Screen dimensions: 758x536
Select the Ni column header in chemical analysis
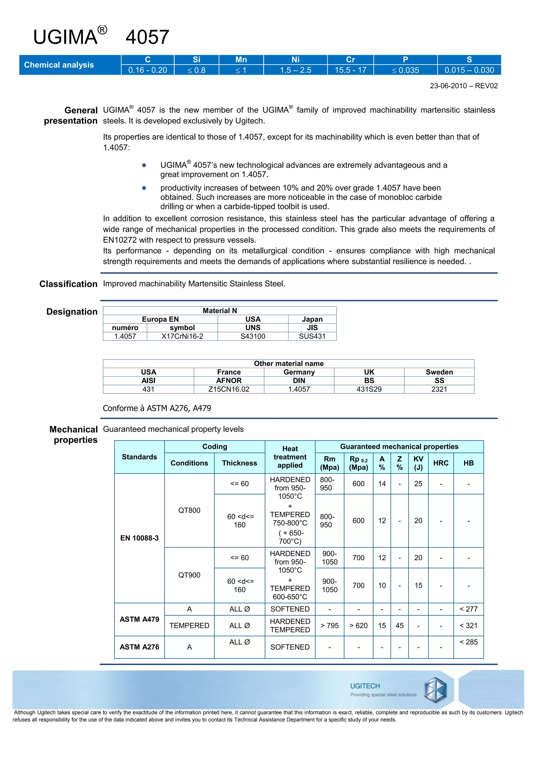tap(295, 59)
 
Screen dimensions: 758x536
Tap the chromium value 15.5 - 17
tap(350, 70)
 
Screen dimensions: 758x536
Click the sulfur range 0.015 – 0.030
tap(469, 70)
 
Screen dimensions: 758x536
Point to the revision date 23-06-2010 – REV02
tap(464, 86)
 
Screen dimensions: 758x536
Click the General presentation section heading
tap(71, 115)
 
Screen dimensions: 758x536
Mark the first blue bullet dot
tap(144, 165)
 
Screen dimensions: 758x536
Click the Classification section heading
tap(68, 284)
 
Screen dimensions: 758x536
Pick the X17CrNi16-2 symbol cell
tap(182, 336)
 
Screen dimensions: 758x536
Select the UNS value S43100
tap(253, 336)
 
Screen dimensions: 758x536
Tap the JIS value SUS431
tap(312, 336)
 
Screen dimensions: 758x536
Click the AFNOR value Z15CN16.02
tap(229, 389)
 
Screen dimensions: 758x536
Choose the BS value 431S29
tap(369, 389)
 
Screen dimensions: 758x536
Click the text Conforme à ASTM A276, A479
tap(157, 408)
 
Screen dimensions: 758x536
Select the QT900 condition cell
tap(189, 575)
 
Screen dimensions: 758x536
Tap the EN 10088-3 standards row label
tap(139, 538)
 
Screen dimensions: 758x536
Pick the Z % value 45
tap(399, 626)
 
